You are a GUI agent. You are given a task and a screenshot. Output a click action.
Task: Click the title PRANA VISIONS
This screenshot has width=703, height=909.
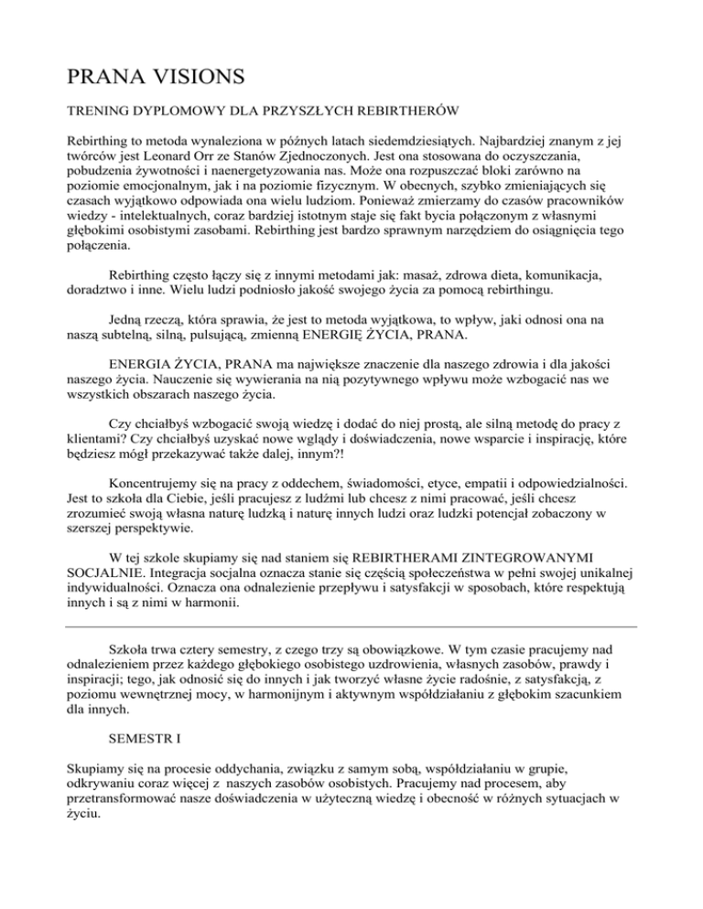coord(150,70)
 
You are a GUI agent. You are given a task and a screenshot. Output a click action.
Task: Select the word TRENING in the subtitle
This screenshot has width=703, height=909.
coord(100,111)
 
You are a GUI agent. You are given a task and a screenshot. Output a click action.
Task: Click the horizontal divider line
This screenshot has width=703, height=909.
coord(351,626)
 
